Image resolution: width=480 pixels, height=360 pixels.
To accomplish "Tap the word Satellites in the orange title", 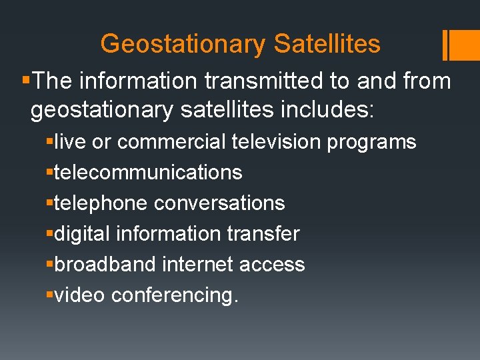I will click(327, 45).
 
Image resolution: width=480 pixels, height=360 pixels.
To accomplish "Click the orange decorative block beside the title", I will click(459, 45).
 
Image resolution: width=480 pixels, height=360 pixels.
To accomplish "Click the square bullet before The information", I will click(25, 81).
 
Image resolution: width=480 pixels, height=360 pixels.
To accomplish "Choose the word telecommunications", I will click(148, 173).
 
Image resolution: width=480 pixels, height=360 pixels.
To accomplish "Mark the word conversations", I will click(219, 203).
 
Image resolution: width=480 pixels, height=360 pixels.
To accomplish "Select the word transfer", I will click(265, 234).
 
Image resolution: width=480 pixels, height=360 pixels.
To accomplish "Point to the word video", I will click(80, 295).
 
